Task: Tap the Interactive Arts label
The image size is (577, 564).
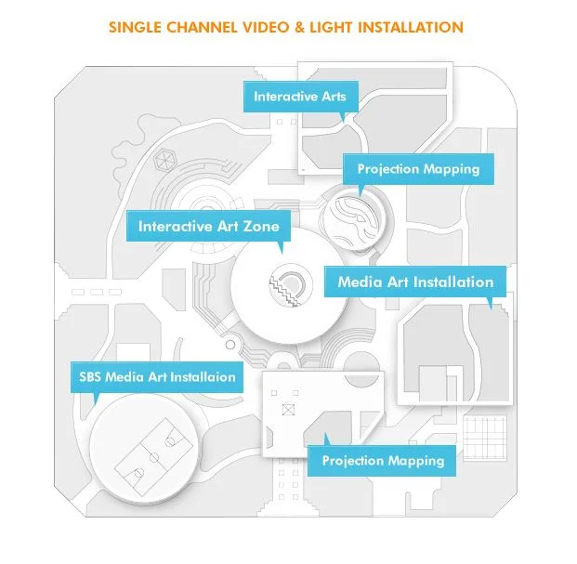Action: [x=299, y=97]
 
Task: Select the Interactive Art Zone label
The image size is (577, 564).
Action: [x=208, y=226]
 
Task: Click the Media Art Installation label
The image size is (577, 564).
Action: [x=415, y=282]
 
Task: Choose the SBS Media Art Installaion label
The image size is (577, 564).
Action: [x=155, y=376]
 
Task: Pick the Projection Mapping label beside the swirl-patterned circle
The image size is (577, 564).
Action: [x=418, y=169]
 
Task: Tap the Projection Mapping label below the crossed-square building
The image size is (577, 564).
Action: [x=383, y=461]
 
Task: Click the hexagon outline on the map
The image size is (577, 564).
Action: [x=165, y=159]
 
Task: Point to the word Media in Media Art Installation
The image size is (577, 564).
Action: [x=360, y=282]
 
